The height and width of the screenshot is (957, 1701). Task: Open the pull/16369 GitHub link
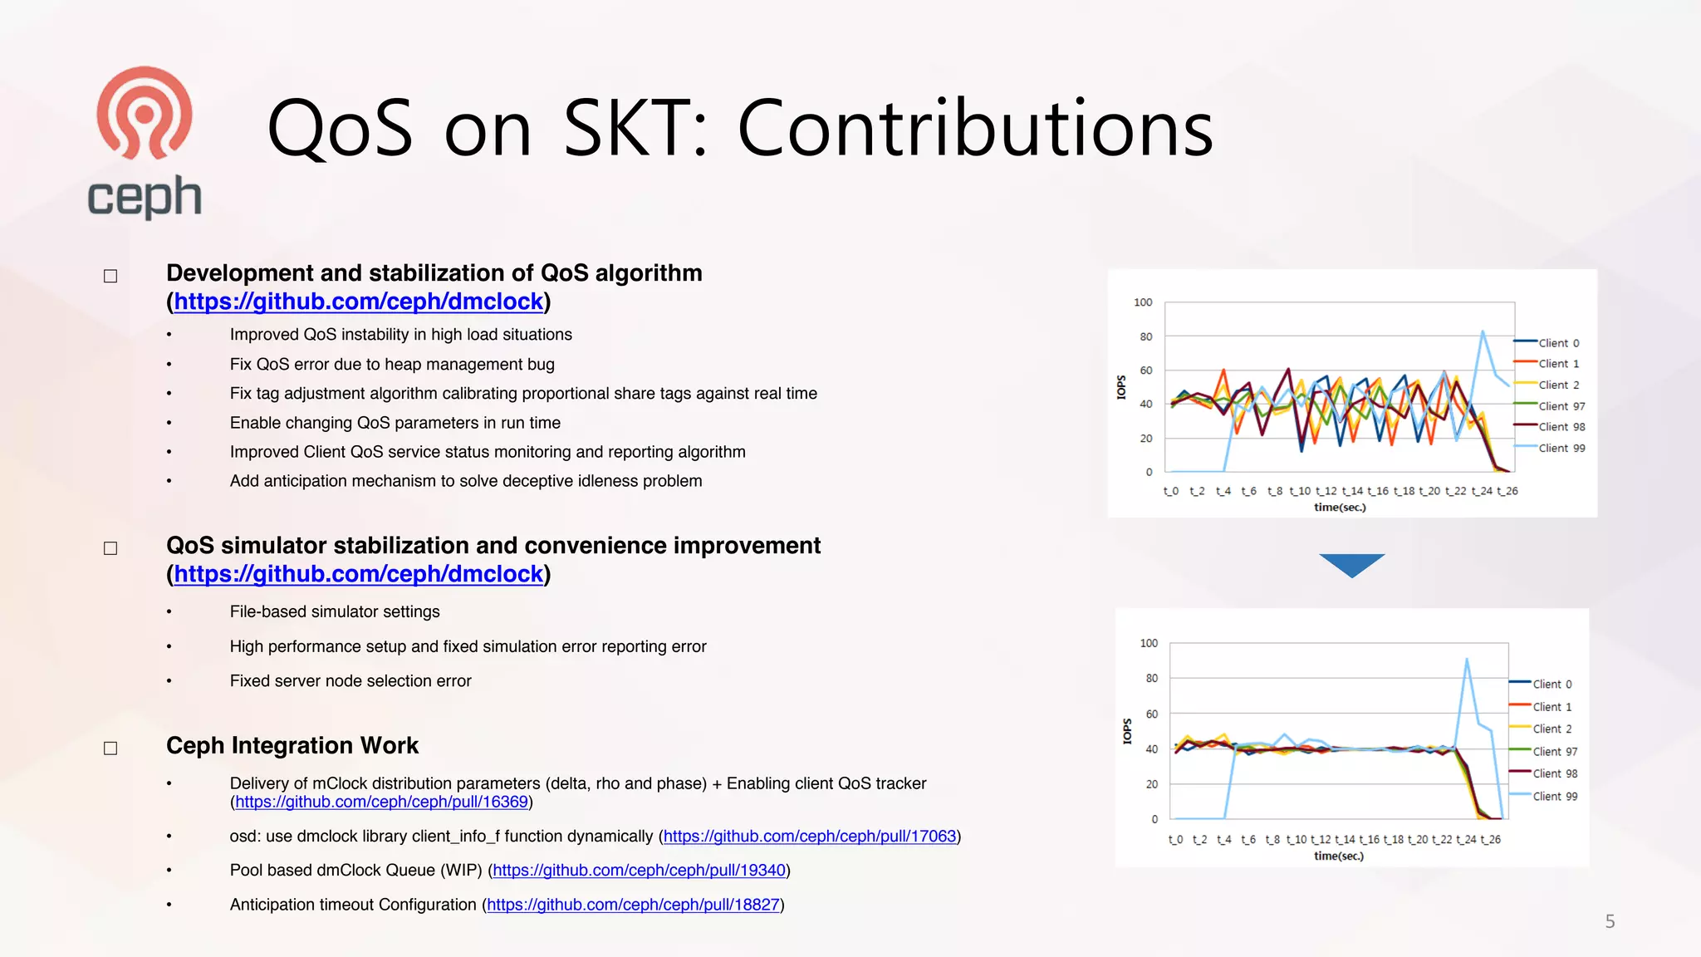(x=381, y=802)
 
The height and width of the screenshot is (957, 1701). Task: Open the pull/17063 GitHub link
(x=810, y=837)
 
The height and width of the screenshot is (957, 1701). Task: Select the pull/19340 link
(x=639, y=871)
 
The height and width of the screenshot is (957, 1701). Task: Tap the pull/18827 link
(x=633, y=905)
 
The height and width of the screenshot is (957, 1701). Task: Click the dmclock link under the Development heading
(x=358, y=302)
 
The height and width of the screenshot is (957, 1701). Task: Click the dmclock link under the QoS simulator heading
(x=358, y=574)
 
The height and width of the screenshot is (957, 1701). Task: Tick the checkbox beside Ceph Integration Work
(x=110, y=748)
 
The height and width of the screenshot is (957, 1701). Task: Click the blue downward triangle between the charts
(x=1351, y=564)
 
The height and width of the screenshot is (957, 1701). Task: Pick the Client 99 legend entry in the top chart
(x=1561, y=449)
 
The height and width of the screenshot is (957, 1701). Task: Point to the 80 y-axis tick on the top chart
(x=1146, y=336)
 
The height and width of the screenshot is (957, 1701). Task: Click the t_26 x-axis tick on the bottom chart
(x=1491, y=840)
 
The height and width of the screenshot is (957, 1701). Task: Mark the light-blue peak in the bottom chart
(x=1467, y=660)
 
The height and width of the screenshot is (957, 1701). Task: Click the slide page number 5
(x=1610, y=921)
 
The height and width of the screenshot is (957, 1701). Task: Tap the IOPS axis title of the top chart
(x=1121, y=387)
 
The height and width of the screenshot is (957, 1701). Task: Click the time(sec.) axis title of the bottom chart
(x=1338, y=856)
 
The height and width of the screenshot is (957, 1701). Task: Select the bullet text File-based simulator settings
(x=335, y=612)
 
